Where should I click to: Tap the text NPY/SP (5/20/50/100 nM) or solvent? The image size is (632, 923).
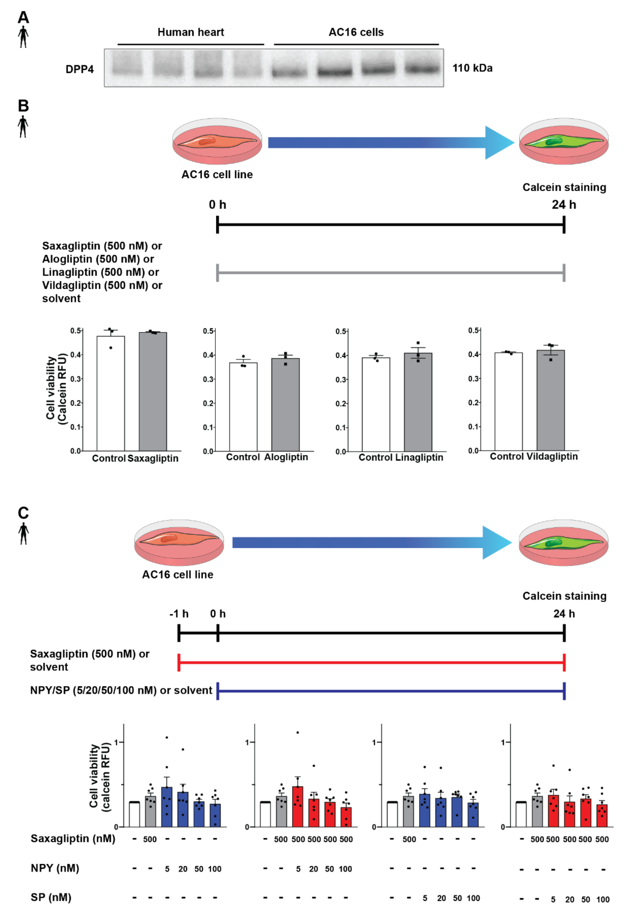click(x=121, y=690)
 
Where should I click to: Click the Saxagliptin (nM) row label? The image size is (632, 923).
click(x=73, y=838)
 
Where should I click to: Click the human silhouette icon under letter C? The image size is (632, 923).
click(x=23, y=533)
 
